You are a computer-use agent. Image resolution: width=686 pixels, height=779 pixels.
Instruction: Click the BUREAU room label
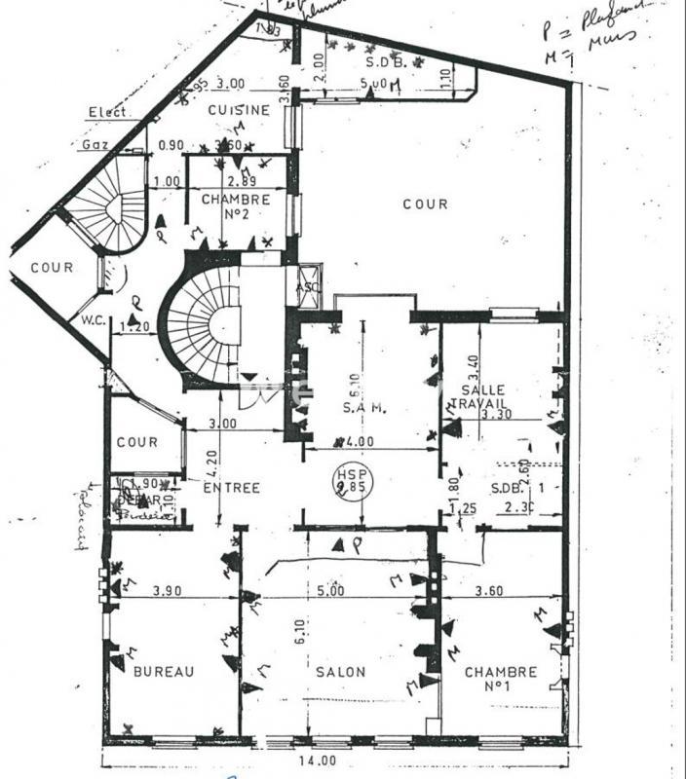point(164,671)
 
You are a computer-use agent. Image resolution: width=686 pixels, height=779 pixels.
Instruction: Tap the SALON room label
point(340,672)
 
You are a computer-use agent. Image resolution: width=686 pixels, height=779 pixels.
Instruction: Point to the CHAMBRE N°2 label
point(236,206)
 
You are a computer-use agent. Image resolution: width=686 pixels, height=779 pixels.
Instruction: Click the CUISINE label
point(238,110)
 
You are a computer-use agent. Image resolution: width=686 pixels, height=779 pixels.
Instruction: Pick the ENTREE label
point(232,488)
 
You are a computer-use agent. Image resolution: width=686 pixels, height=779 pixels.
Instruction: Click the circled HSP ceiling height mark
point(346,479)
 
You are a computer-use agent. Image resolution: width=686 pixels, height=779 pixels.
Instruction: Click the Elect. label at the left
point(108,112)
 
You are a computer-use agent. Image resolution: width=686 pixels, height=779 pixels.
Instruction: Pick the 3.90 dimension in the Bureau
point(169,590)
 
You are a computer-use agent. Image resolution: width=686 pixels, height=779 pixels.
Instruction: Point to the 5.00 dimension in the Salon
point(330,590)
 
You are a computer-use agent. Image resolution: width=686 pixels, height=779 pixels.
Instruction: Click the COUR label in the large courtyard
point(426,204)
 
